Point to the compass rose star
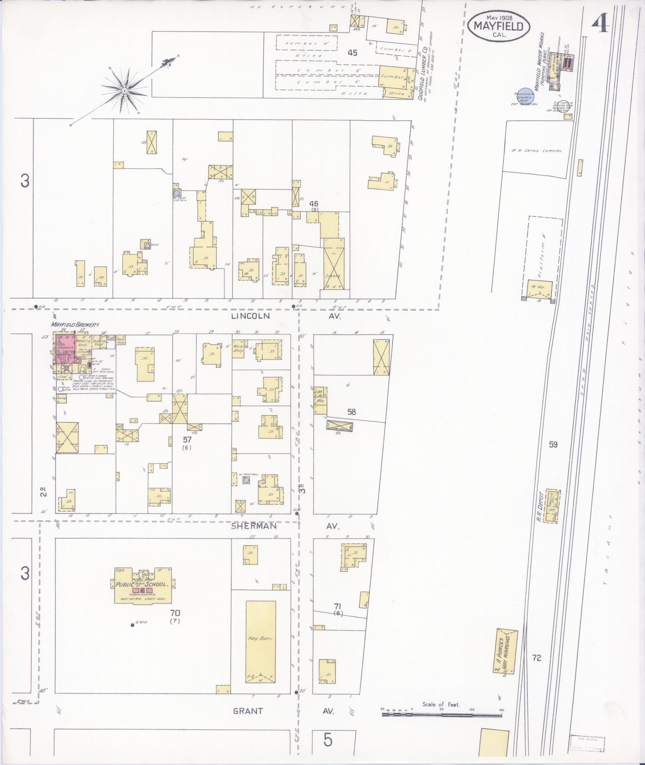[125, 90]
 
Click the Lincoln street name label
[250, 316]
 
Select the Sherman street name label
[254, 526]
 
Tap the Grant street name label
[248, 711]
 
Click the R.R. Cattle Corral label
[537, 151]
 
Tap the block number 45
[352, 52]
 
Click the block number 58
[351, 412]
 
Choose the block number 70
[175, 613]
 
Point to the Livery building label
[333, 276]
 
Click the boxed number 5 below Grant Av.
[328, 740]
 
